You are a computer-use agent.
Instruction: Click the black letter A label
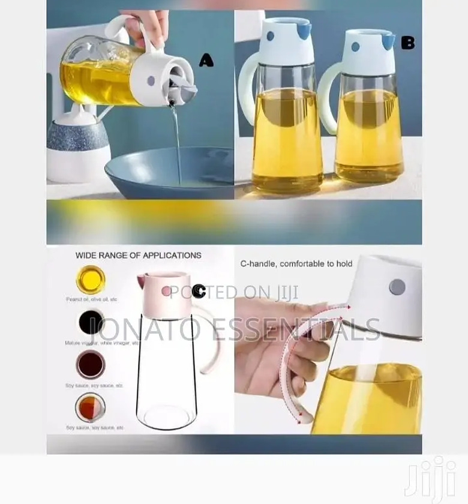(206, 60)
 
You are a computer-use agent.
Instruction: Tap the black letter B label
(407, 43)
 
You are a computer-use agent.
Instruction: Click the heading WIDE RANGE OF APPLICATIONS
(138, 255)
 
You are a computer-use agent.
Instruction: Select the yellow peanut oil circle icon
(91, 280)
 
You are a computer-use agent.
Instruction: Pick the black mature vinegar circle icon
(91, 322)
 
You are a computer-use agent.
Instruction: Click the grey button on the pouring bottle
(151, 80)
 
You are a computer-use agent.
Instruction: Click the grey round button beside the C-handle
(397, 287)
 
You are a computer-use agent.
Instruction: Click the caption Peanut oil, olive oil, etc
(92, 299)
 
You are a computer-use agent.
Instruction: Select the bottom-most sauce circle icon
(91, 407)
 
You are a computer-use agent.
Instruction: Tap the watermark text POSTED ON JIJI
(234, 292)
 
